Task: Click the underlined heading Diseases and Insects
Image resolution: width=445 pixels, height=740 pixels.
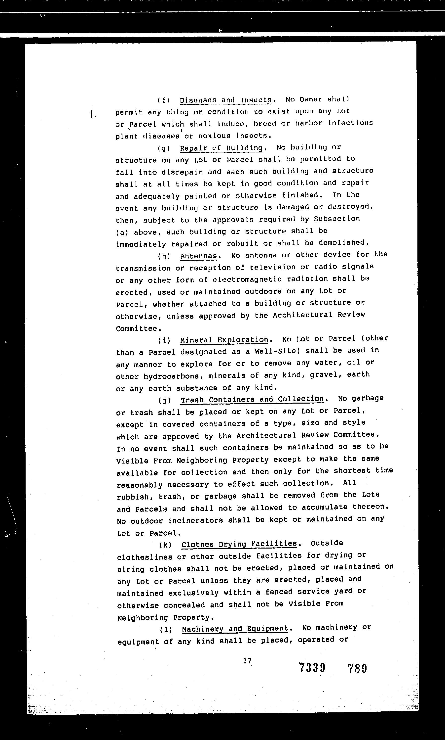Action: (225, 100)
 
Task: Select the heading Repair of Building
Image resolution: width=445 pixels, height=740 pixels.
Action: (221, 148)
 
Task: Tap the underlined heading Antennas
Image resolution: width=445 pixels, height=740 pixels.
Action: (198, 256)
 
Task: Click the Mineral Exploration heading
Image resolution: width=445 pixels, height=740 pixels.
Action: (224, 340)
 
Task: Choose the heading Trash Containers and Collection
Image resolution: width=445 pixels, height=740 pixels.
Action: (252, 400)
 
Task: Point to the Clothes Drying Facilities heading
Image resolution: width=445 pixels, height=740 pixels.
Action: (239, 544)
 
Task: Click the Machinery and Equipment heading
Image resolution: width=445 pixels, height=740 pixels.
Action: (235, 628)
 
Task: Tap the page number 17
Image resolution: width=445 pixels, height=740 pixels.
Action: (247, 661)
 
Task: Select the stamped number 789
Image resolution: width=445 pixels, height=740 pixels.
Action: (357, 669)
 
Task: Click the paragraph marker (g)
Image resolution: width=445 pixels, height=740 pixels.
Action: (164, 148)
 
